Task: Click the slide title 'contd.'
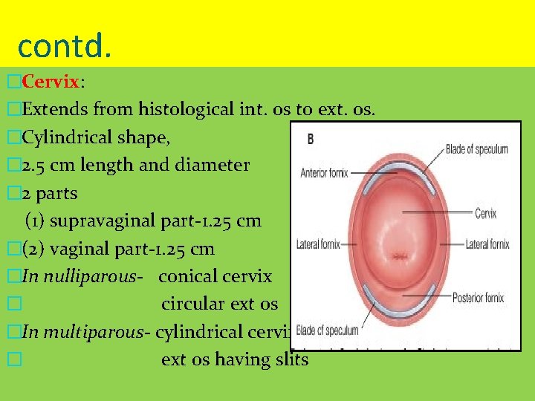coord(64,45)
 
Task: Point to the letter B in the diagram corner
coord(311,139)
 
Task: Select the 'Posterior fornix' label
coord(478,298)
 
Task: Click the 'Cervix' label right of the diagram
coord(485,214)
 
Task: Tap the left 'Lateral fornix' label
coord(318,244)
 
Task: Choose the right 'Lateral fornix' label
coord(487,244)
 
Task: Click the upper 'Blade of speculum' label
coord(476,149)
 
